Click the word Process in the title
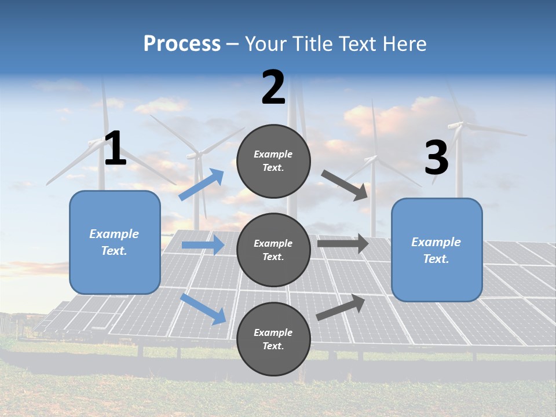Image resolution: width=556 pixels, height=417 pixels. point(182,44)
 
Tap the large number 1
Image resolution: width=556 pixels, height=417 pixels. point(115,149)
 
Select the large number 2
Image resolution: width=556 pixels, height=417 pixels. point(273,87)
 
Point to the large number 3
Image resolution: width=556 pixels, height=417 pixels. point(436,158)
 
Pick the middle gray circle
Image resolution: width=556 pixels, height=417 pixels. point(273,250)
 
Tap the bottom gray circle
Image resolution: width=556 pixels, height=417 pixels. point(273,339)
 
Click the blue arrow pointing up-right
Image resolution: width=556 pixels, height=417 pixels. point(202,185)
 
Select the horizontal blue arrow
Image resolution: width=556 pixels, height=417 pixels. point(203,245)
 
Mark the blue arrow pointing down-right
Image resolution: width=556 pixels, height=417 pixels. point(203,309)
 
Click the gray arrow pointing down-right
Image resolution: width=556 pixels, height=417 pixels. point(345,185)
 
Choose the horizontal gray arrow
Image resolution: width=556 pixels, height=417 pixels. point(343,244)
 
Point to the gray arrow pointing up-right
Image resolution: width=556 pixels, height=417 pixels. point(341,307)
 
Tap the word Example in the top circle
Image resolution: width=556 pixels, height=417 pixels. point(273,155)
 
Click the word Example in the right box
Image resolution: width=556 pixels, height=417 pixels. point(436,242)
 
